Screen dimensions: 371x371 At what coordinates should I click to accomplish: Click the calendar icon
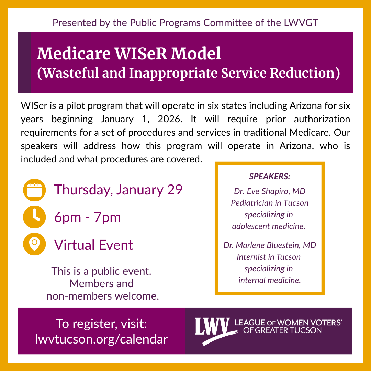[34, 190]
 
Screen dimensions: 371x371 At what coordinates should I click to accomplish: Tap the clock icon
[34, 217]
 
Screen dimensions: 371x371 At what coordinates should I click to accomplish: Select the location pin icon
[34, 244]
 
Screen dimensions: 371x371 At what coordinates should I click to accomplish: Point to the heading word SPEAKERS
[270, 177]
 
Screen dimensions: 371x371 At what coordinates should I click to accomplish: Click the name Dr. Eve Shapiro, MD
[270, 191]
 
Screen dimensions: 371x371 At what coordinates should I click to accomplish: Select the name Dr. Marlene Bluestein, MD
[270, 245]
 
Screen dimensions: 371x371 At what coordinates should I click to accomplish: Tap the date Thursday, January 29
[118, 190]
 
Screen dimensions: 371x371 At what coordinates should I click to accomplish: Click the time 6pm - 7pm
[88, 217]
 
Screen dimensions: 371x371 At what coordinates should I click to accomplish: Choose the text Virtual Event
[94, 245]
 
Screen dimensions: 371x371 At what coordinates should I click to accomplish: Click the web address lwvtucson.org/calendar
[101, 339]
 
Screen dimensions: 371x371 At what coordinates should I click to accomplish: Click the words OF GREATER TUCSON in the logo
[282, 330]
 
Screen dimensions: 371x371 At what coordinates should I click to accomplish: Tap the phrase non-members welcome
[103, 295]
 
